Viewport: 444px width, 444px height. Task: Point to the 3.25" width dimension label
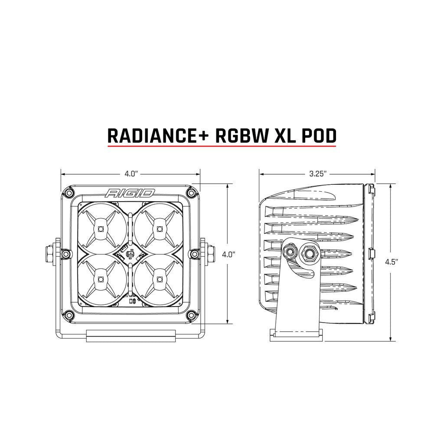[x=318, y=174]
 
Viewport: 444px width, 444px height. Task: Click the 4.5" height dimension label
[x=392, y=262]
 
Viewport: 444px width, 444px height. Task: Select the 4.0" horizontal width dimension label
[x=131, y=174]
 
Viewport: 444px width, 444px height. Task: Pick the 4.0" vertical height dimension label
[x=228, y=254]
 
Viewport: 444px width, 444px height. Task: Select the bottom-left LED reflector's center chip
[x=100, y=278]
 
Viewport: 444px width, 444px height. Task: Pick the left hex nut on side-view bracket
[x=288, y=251]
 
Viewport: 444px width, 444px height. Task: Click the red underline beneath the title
[x=222, y=147]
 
